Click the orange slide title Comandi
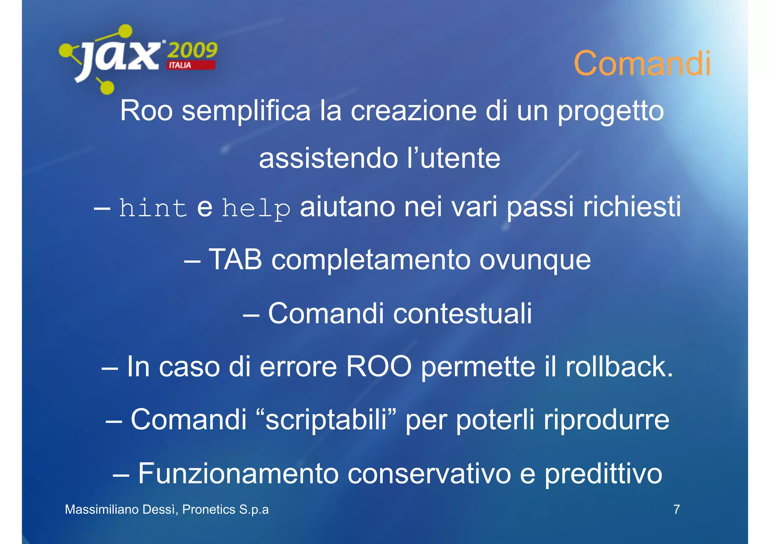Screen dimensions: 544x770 [642, 63]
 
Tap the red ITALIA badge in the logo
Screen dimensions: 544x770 [191, 65]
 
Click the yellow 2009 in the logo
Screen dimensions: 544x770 [192, 50]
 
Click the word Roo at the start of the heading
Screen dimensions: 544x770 [146, 111]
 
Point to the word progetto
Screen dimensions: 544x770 [611, 112]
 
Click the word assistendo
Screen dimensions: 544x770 [328, 158]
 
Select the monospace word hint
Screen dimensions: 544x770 [153, 208]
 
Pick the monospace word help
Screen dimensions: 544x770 [256, 208]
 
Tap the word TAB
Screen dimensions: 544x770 [235, 259]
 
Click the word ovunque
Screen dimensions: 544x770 [535, 260]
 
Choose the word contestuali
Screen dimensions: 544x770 [462, 313]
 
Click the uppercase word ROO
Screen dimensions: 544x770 [379, 367]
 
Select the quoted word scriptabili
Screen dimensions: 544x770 [326, 420]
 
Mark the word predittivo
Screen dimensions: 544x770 [603, 474]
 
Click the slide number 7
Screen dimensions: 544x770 [676, 509]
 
